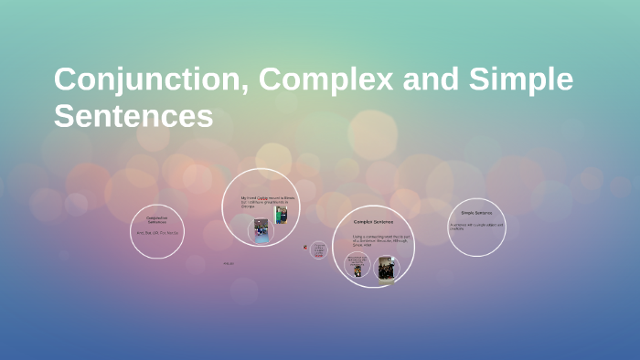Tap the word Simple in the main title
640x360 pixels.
tap(521, 80)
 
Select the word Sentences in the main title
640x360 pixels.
tap(133, 116)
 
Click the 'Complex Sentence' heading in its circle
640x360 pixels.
tap(372, 222)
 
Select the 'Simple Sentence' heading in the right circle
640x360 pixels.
tap(476, 213)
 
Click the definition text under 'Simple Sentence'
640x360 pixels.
tap(476, 227)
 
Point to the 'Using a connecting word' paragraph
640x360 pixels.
tap(372, 240)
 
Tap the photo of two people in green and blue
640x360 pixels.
tap(281, 215)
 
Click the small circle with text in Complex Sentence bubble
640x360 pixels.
tap(356, 266)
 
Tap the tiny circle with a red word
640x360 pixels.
tap(319, 249)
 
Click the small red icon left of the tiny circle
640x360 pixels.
tap(304, 247)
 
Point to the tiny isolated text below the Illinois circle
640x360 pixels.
tap(229, 264)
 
